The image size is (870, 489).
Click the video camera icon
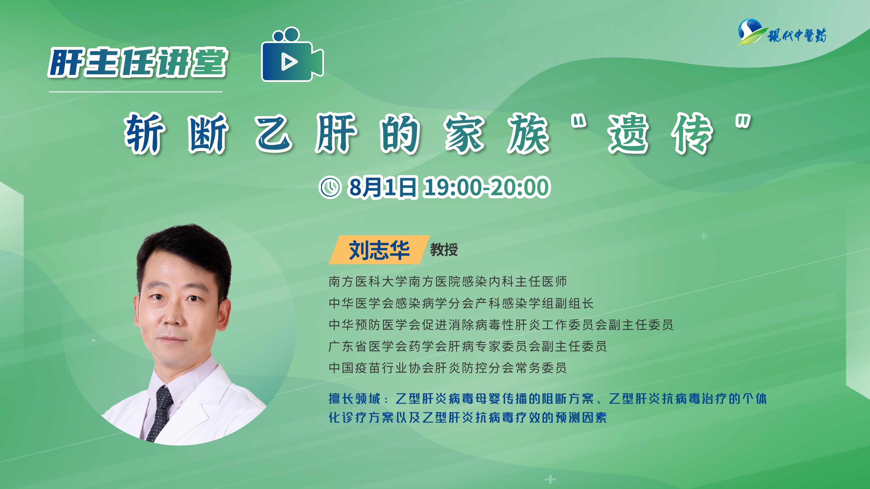coord(293,54)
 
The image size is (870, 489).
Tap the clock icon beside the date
coord(330,187)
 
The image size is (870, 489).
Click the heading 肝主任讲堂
coord(138,63)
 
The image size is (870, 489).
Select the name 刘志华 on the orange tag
coord(379,250)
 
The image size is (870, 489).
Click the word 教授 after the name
coord(444,250)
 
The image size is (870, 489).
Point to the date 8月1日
coord(383,187)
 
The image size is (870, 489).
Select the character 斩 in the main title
coord(145,133)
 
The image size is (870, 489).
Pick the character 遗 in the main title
coord(628,133)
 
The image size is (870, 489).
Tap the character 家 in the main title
coord(464,133)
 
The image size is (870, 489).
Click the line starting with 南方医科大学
coord(448,281)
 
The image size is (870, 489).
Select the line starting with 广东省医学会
coord(467,346)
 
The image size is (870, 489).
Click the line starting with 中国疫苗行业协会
coord(448,368)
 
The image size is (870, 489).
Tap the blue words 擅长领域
coord(354,399)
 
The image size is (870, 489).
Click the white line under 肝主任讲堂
coord(135,92)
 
